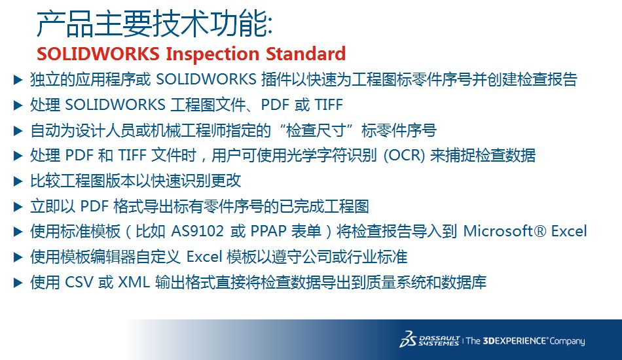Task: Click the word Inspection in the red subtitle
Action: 212,54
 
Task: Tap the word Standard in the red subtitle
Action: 306,54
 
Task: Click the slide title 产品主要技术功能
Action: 155,24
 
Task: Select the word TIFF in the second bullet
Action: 329,105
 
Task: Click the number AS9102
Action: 197,231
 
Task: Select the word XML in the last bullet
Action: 134,282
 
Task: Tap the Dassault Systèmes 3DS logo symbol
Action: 408,339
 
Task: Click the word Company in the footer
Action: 567,341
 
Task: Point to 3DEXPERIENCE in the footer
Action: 515,340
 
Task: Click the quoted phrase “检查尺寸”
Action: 320,130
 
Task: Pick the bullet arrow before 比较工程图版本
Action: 18,181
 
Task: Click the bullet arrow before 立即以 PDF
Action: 18,207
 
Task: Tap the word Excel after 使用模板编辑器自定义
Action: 204,257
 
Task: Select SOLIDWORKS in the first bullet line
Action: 206,80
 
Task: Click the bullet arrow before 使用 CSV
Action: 18,283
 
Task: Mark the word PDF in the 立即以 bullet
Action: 94,206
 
